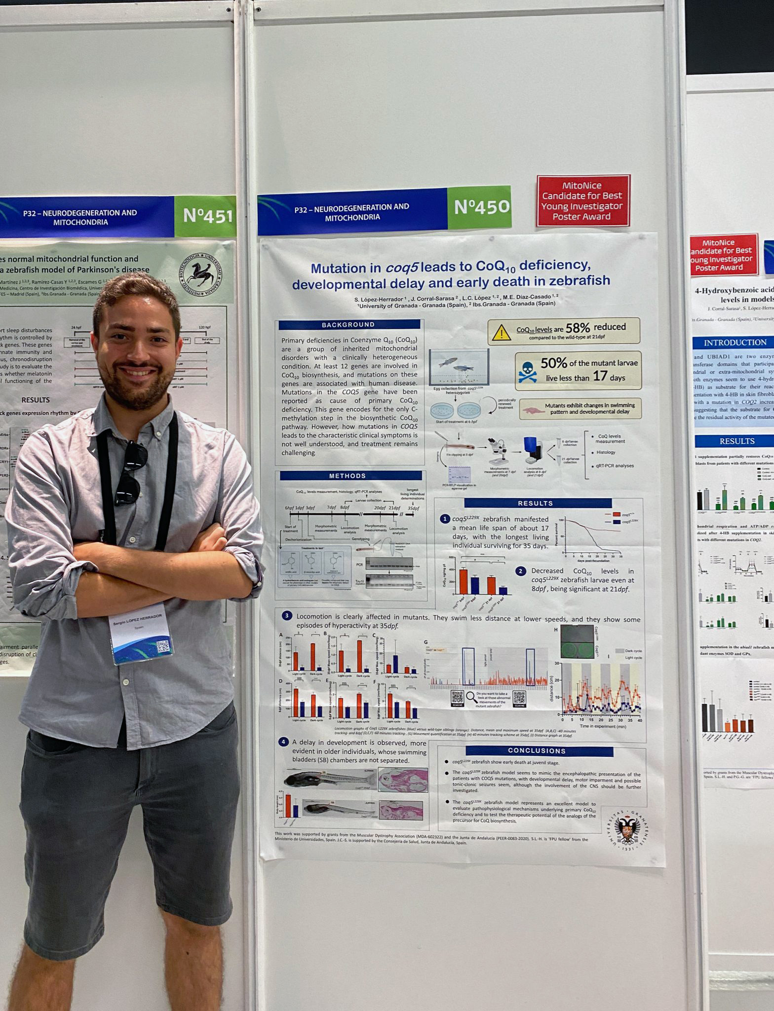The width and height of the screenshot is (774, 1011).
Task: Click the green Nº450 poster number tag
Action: click(x=479, y=207)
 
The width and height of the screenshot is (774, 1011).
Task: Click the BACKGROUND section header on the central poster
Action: click(x=348, y=325)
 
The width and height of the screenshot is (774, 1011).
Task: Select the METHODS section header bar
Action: click(x=350, y=476)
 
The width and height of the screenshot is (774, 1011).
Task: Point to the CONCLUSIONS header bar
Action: click(x=537, y=751)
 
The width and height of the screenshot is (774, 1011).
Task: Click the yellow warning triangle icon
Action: click(x=502, y=332)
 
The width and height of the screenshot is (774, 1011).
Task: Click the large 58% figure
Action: click(x=578, y=327)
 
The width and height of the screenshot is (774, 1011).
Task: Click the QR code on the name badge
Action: click(x=162, y=646)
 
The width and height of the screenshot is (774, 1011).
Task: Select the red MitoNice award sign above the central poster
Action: click(x=582, y=201)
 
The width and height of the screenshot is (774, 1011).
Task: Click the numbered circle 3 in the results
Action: click(x=286, y=616)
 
